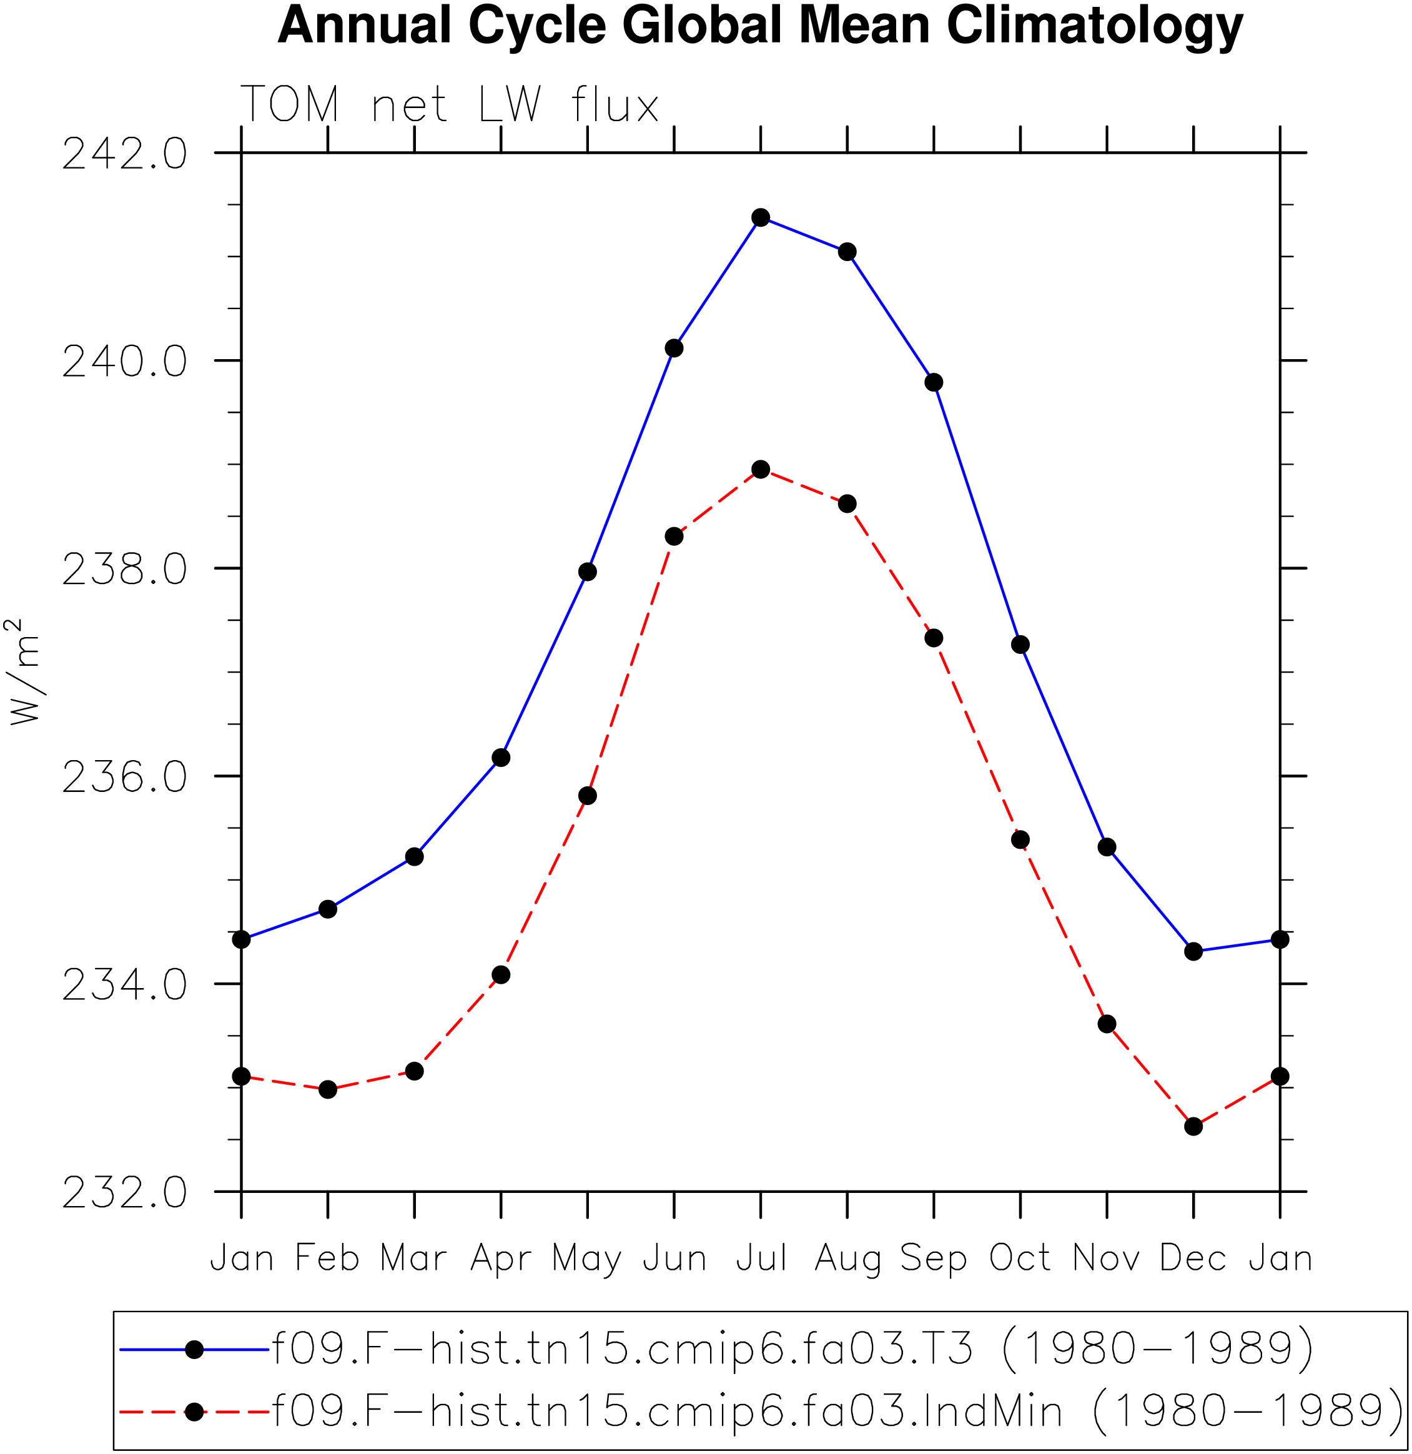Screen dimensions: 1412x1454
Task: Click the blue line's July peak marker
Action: click(x=761, y=217)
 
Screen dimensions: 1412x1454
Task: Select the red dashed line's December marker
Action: click(x=1193, y=1126)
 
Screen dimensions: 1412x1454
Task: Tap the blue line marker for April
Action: click(x=501, y=758)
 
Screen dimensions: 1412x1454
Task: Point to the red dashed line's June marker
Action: click(x=674, y=537)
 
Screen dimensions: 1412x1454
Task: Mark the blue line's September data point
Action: click(x=934, y=383)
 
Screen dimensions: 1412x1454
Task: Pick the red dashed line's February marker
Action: click(x=328, y=1090)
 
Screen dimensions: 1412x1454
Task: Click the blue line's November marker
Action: click(x=1107, y=847)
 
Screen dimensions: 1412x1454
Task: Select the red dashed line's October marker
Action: click(x=1020, y=840)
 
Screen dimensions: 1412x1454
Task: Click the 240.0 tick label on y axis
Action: click(x=125, y=363)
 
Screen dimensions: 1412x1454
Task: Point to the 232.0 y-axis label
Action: click(x=125, y=1194)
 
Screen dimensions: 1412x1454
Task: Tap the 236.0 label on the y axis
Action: click(x=125, y=778)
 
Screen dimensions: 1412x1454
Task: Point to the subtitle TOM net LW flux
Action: click(x=450, y=104)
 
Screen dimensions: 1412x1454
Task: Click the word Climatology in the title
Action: click(x=1095, y=27)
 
